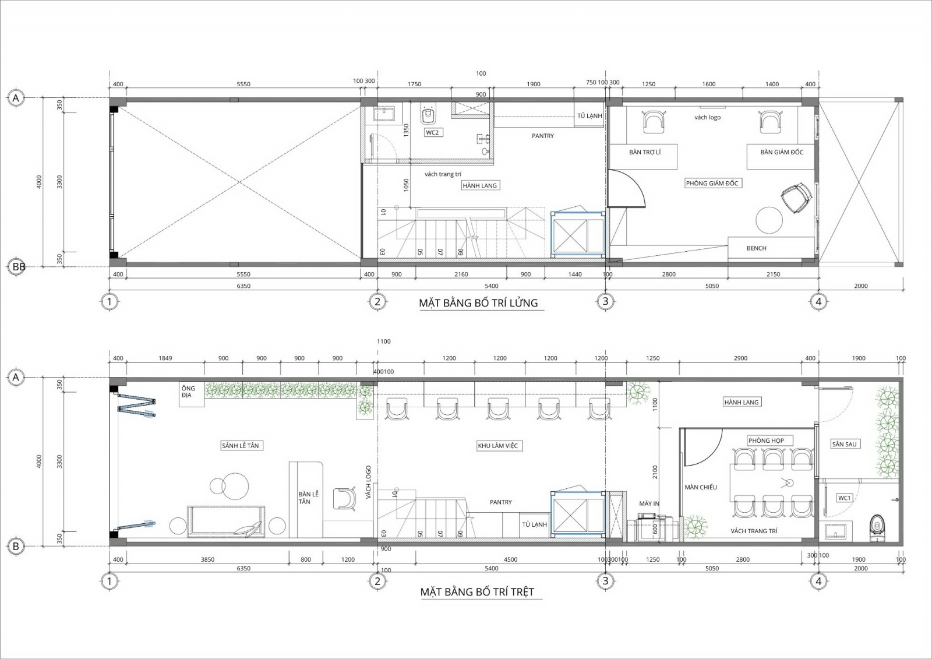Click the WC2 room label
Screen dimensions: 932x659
pos(432,132)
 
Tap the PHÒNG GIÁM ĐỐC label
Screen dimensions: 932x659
pos(712,183)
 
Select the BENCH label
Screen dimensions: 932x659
pos(757,248)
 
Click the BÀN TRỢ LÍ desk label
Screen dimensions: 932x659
pos(645,152)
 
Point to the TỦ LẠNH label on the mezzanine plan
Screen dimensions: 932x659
pos(589,116)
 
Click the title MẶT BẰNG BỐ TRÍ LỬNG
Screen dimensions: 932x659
pos(478,302)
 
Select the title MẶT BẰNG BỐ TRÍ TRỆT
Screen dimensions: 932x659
pos(477,591)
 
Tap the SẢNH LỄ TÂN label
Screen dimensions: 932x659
pos(241,445)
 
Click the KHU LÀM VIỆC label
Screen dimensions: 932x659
pos(497,445)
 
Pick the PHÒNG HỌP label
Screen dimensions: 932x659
pos(766,440)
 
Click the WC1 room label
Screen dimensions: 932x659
pos(844,498)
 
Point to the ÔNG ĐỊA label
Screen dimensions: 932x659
pos(188,392)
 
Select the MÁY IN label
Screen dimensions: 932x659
pos(649,504)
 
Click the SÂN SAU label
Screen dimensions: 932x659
pos(844,444)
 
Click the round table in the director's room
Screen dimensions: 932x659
pos(769,220)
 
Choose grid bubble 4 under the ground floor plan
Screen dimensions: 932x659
pos(818,581)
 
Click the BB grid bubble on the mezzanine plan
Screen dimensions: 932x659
pos(16,266)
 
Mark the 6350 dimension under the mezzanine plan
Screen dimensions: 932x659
pos(243,286)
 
